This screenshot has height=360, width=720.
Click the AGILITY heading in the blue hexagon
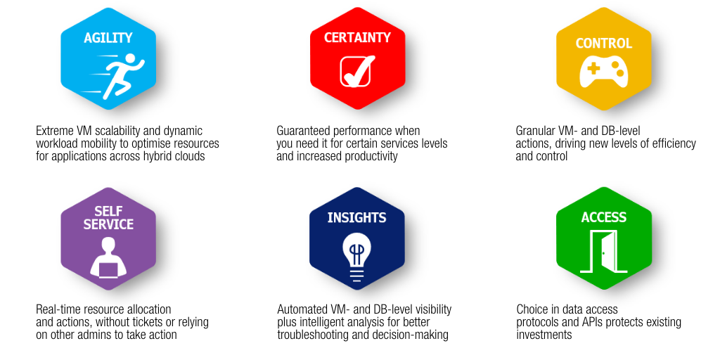(x=108, y=38)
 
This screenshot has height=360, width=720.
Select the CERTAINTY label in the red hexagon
(x=357, y=37)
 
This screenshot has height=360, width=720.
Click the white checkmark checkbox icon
(x=356, y=71)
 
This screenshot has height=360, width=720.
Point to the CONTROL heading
(x=604, y=43)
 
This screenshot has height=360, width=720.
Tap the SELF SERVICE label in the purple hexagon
(x=108, y=218)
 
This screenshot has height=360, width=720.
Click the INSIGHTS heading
(x=356, y=218)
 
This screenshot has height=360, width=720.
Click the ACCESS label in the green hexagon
(x=604, y=217)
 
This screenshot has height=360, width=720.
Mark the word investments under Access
(x=544, y=334)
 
